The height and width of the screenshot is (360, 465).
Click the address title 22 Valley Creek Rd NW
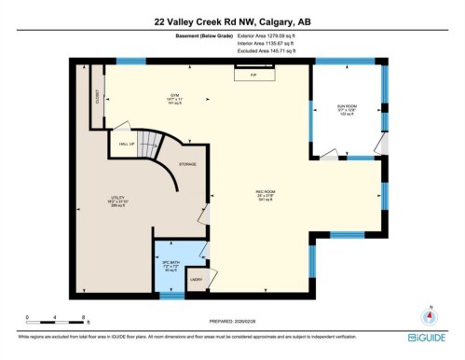point(232,18)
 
